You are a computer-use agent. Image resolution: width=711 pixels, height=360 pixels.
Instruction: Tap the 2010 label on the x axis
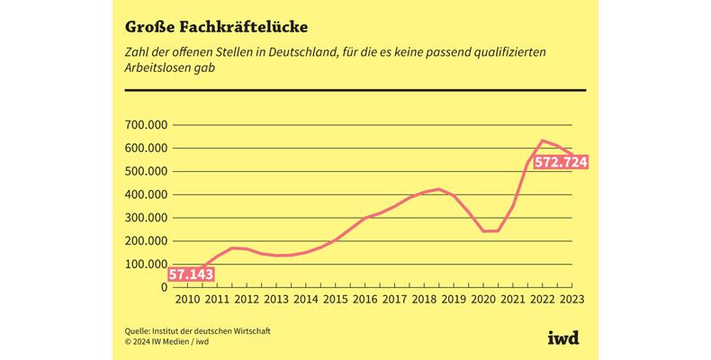click(x=189, y=299)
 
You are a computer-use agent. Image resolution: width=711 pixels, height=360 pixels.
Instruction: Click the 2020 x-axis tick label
click(x=483, y=299)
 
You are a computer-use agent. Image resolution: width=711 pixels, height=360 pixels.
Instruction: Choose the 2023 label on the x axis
click(x=571, y=299)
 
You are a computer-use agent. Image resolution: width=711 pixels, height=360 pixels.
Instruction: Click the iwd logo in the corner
click(x=563, y=337)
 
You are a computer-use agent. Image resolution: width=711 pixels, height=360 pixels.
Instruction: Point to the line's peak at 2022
click(x=543, y=140)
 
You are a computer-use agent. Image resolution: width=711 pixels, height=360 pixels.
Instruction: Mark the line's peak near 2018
click(x=438, y=189)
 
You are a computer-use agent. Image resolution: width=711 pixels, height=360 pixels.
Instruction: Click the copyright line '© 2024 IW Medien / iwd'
click(x=167, y=341)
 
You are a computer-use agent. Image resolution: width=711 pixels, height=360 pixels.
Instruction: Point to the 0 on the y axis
click(x=165, y=287)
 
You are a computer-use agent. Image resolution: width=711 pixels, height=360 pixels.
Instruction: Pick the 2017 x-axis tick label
click(x=393, y=299)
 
